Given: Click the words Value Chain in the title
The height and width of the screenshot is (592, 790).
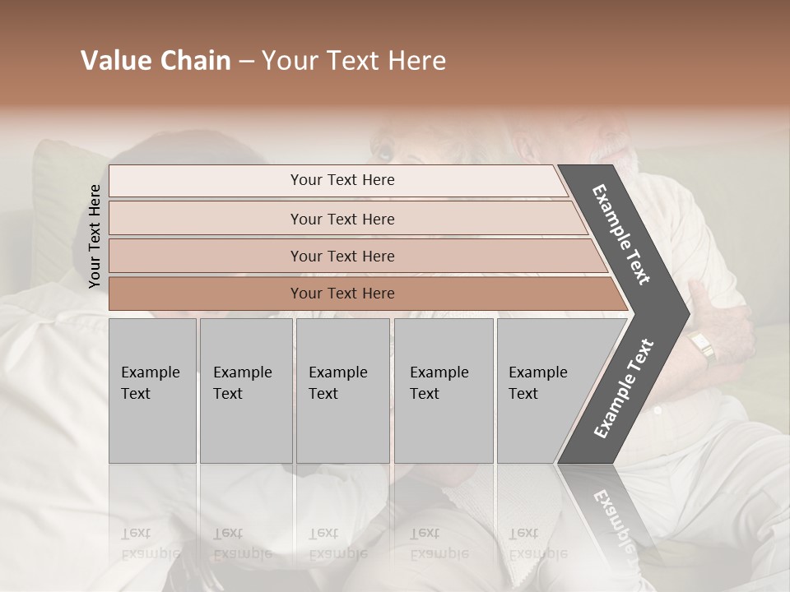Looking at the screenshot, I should tap(156, 61).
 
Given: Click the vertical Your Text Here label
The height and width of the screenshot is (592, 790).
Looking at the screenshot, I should tap(95, 236).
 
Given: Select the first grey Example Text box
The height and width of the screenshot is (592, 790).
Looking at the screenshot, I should tap(152, 391).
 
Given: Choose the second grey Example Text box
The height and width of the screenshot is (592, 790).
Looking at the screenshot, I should tap(245, 391).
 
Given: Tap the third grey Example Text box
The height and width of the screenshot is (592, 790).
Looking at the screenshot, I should tap(342, 391).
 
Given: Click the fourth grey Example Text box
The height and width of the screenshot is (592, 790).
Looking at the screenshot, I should tap(443, 391).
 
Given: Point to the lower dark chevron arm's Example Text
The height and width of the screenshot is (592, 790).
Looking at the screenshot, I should tap(624, 389).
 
